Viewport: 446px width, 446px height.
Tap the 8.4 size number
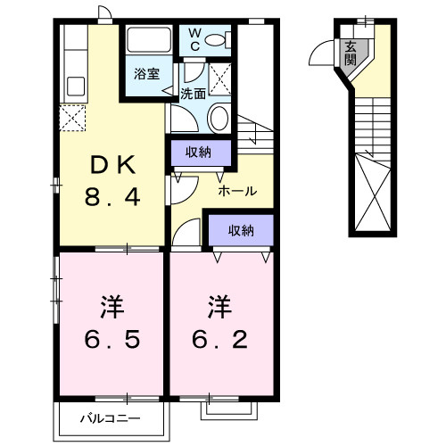point(112,198)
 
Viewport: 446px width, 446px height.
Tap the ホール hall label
point(238,191)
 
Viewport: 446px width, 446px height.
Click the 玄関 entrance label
point(351,54)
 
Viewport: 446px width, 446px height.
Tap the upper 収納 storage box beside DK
point(199,152)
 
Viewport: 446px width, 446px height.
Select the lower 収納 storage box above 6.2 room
point(240,230)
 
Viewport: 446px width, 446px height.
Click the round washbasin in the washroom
point(218,117)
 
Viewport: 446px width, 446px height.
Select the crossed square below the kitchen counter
point(71,117)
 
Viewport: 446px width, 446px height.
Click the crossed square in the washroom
point(219,74)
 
